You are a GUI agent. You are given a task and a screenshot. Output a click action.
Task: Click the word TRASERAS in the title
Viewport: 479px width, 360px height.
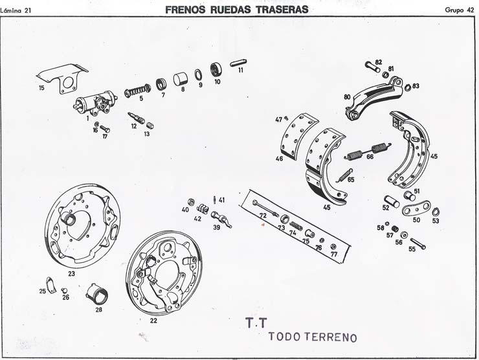point(282,10)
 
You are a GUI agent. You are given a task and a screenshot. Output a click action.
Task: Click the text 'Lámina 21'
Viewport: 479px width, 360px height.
point(16,11)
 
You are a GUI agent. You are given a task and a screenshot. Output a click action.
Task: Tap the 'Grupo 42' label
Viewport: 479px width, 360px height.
point(459,10)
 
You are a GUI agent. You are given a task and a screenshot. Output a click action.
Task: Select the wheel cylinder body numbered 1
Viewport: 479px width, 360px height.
point(96,103)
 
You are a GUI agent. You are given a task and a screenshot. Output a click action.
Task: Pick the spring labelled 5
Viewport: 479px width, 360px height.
point(137,91)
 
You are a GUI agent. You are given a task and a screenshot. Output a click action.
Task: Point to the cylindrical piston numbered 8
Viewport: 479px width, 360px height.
point(181,79)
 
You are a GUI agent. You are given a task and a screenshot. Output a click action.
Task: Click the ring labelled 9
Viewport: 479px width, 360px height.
point(198,74)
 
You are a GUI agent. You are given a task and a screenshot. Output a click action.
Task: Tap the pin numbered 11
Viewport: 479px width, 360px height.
point(239,63)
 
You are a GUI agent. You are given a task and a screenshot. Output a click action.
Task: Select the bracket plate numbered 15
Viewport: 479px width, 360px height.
point(63,78)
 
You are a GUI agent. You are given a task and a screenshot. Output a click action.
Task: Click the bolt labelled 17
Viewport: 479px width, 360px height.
point(105,129)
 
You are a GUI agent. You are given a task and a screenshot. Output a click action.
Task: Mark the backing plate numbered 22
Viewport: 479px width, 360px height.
point(164,273)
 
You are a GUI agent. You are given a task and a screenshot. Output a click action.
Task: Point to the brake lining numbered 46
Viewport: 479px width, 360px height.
point(299,136)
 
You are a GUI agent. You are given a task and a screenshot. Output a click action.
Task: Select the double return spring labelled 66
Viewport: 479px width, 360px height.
point(368,151)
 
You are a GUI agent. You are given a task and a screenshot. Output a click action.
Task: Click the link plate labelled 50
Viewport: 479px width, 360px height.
point(416,208)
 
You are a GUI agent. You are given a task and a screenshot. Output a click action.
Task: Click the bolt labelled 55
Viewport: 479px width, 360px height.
point(418,244)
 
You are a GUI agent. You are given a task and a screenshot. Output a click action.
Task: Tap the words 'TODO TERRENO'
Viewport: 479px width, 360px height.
point(313,337)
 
